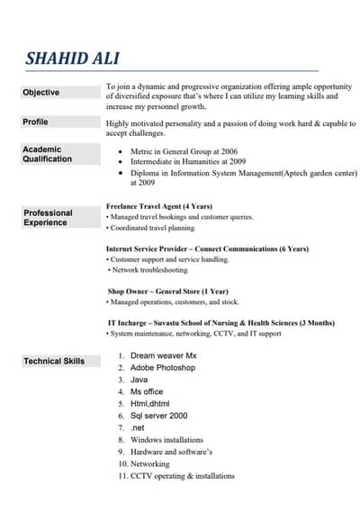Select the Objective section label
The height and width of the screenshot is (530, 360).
point(41,93)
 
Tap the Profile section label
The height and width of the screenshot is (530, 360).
point(36,121)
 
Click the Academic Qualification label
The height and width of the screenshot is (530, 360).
point(47,154)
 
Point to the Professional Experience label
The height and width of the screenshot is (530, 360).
point(48,218)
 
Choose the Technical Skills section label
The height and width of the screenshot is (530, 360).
point(54,361)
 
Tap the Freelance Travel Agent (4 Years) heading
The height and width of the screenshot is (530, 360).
point(159,206)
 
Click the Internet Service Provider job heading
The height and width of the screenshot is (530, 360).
point(207,248)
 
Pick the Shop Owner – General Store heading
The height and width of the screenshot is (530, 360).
point(168,292)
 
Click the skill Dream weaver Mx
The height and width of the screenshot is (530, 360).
point(163,356)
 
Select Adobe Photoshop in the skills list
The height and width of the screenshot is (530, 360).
point(163,368)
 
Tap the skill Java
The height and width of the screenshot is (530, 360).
point(139,380)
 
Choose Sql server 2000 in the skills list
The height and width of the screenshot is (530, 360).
point(159,416)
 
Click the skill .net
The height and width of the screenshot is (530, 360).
point(138,427)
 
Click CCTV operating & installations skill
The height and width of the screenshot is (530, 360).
point(183,475)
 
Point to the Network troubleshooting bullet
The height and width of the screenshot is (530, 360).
point(150,270)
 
